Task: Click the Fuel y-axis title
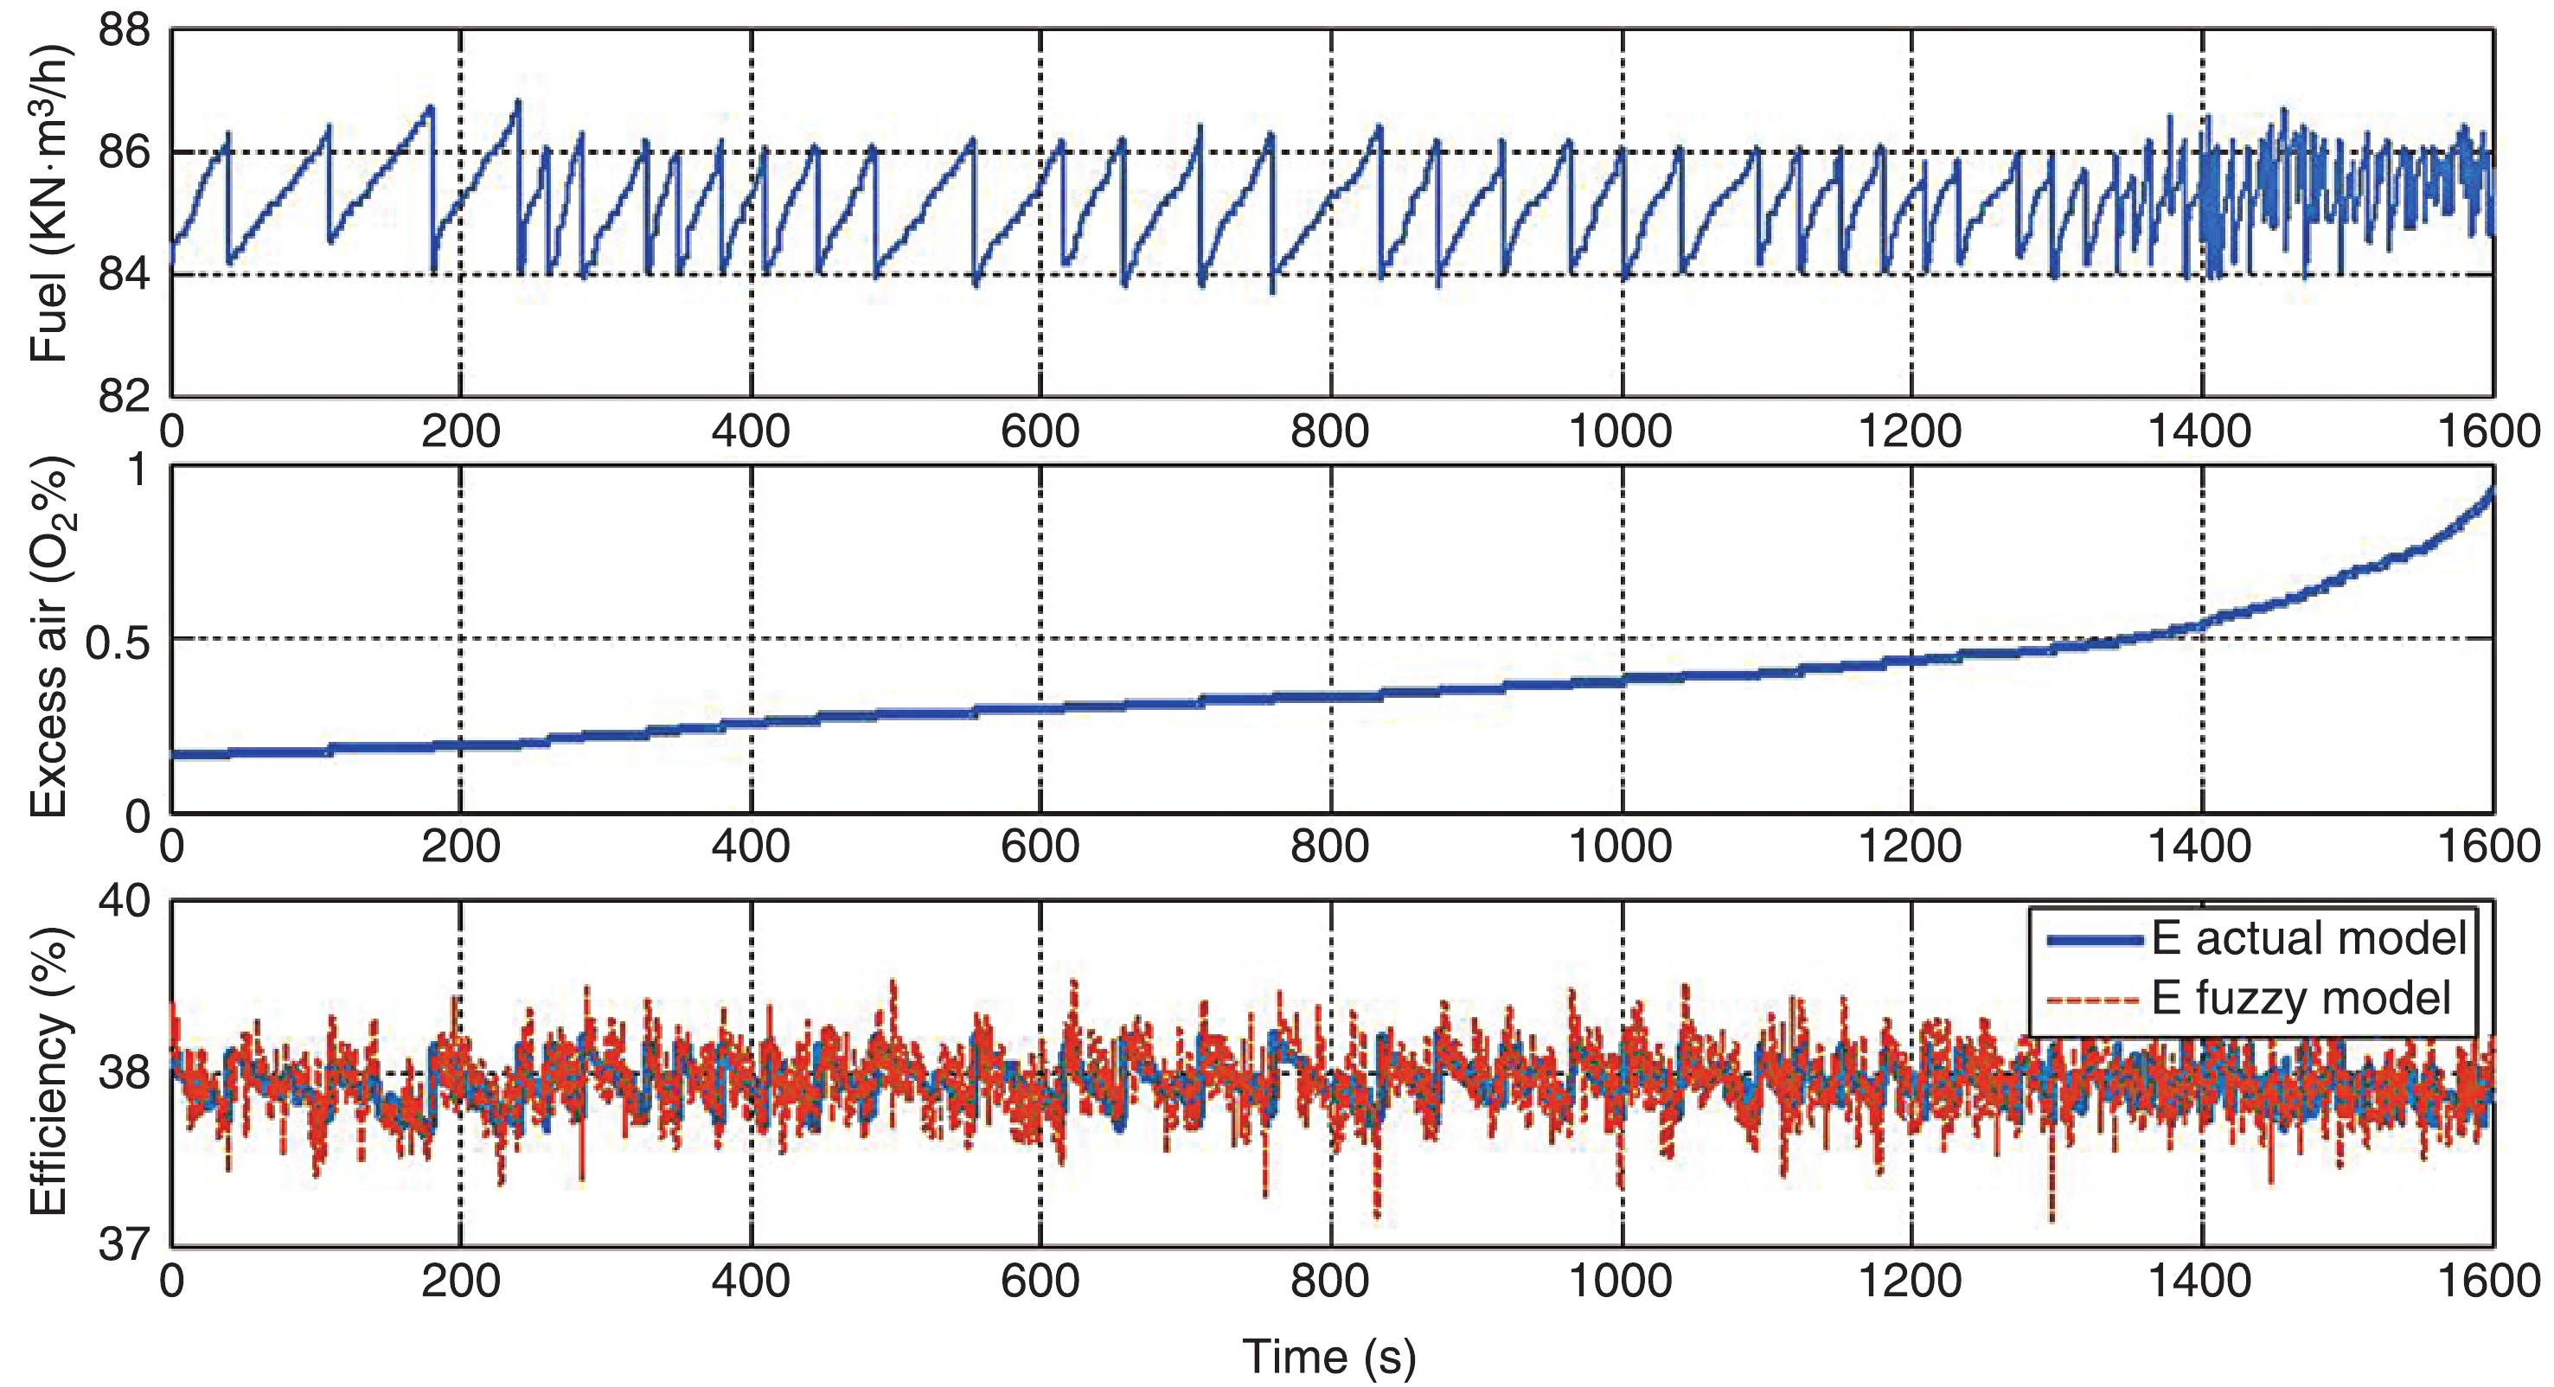(48, 203)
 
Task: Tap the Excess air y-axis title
(48, 636)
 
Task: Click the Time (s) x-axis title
(1328, 1355)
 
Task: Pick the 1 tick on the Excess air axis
(138, 469)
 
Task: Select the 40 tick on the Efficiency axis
(124, 900)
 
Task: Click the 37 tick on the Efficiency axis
(124, 1243)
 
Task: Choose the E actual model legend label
(2308, 938)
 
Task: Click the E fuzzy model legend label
(2301, 997)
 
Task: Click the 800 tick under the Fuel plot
(1328, 432)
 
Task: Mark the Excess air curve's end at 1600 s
(2491, 493)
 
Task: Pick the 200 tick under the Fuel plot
(460, 432)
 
